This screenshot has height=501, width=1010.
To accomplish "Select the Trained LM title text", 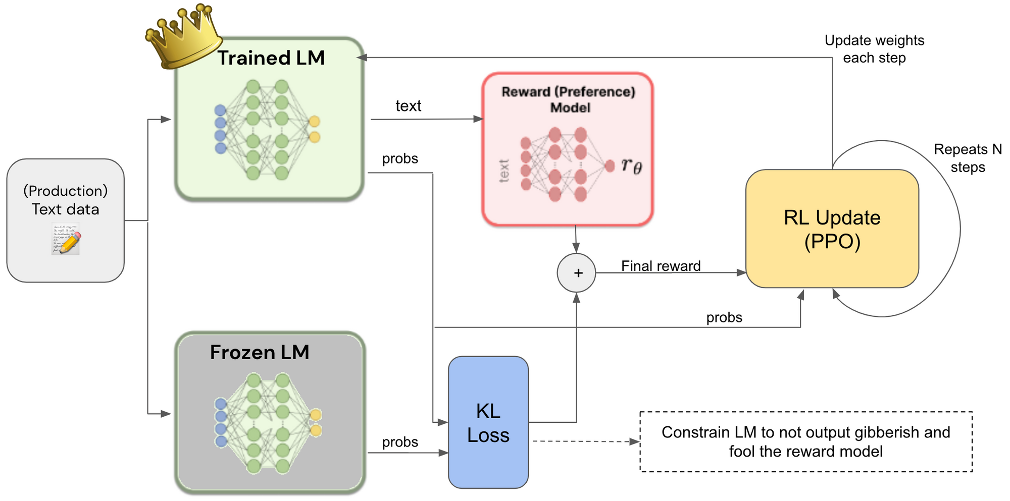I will pyautogui.click(x=271, y=58).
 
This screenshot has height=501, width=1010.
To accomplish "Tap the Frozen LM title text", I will pyautogui.click(x=260, y=352).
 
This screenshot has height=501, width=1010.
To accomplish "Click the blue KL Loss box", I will pyautogui.click(x=488, y=423).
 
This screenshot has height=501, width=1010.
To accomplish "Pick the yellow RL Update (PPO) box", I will pyautogui.click(x=832, y=229).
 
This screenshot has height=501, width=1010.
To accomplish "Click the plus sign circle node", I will pyautogui.click(x=577, y=273).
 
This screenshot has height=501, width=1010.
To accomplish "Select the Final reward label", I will pyautogui.click(x=661, y=266).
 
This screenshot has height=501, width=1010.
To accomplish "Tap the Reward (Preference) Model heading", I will pyautogui.click(x=569, y=99).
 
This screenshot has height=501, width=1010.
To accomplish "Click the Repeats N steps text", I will pyautogui.click(x=968, y=158).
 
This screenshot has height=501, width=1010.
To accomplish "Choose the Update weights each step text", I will pyautogui.click(x=874, y=49).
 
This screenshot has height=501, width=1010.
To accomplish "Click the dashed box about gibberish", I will pyautogui.click(x=805, y=441).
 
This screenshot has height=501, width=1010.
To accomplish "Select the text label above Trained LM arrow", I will pyautogui.click(x=408, y=106).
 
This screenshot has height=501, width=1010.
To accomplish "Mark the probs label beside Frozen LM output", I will pyautogui.click(x=400, y=442).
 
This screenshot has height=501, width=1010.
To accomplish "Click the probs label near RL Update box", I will pyautogui.click(x=724, y=317).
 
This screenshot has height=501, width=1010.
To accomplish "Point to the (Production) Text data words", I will pyautogui.click(x=66, y=200).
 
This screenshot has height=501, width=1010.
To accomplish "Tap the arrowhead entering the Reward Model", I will pyautogui.click(x=478, y=119).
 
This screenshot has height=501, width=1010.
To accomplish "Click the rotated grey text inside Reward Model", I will pyautogui.click(x=504, y=171).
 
